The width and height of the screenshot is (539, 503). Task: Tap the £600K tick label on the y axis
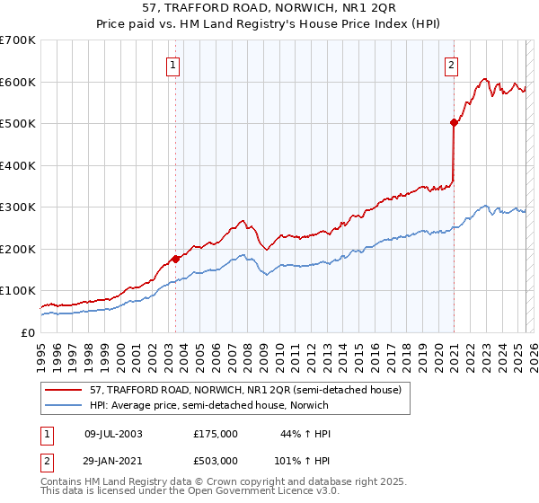point(18,82)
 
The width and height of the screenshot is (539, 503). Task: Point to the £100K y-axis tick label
point(18,291)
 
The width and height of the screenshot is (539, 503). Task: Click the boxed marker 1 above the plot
point(172,64)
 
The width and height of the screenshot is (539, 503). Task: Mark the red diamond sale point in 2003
point(175,259)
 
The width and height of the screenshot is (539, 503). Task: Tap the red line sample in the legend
point(64,390)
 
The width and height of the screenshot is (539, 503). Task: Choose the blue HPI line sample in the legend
point(64,405)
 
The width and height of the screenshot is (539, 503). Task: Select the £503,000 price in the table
point(215,461)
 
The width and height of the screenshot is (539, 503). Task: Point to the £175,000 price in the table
point(215,434)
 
